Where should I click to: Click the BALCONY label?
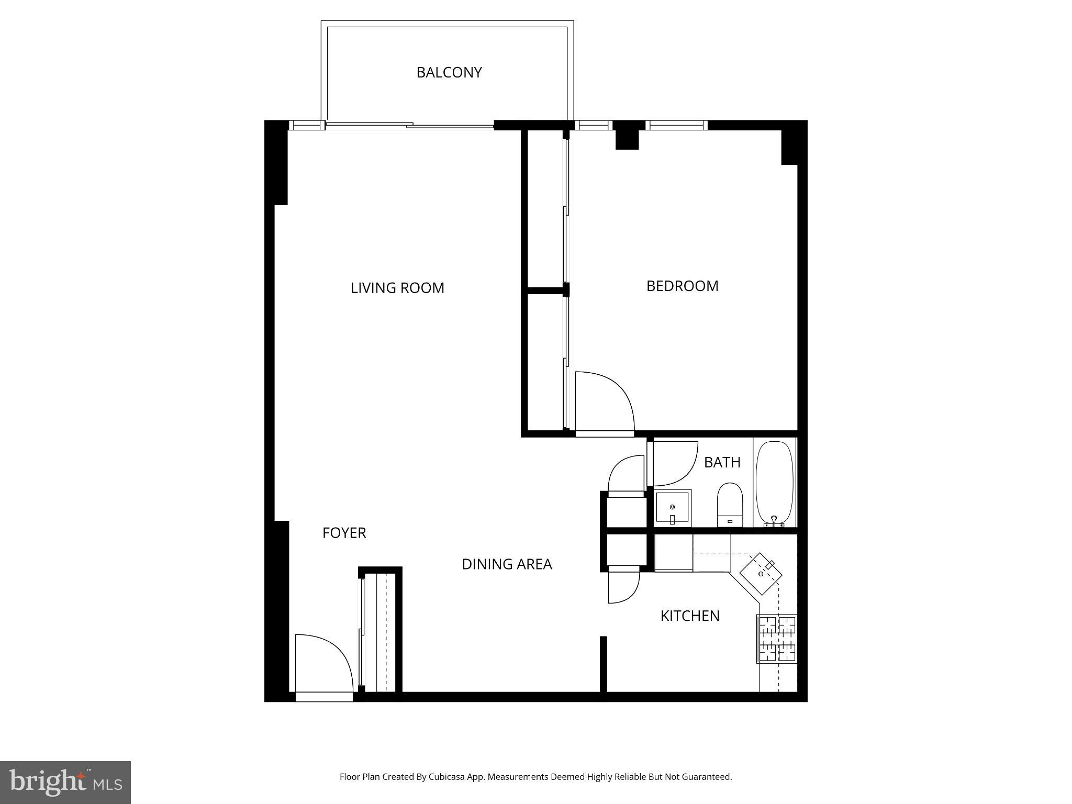tap(449, 72)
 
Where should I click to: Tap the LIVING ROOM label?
tap(397, 288)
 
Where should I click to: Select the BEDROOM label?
tap(682, 286)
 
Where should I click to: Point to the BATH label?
tap(722, 462)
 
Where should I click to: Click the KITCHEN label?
tap(690, 616)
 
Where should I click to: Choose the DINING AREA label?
tap(507, 564)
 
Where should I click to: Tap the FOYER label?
tap(344, 533)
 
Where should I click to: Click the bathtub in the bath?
tap(775, 483)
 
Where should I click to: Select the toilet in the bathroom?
tap(730, 505)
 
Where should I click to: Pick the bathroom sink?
tap(673, 508)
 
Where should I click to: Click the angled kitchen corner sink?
tap(761, 574)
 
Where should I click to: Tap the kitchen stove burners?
tap(777, 639)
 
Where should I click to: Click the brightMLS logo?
tap(65, 782)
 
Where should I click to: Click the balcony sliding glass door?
tap(410, 126)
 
